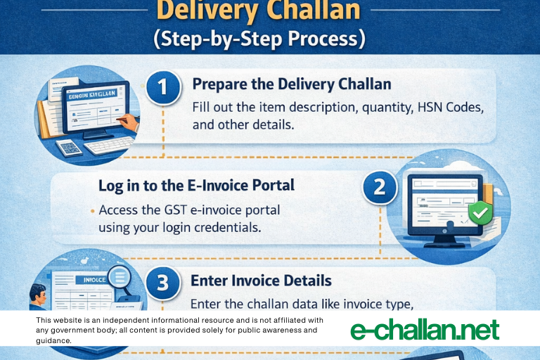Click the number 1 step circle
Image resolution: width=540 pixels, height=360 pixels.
[x=163, y=88]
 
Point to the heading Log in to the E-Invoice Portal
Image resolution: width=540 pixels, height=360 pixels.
[x=196, y=186]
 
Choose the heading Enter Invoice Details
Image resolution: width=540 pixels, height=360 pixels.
[x=261, y=280]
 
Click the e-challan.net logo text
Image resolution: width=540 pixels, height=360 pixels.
[x=424, y=329]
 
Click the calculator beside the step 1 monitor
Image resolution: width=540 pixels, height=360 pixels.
[x=68, y=148]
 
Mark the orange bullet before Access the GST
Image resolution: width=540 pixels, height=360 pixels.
[x=92, y=210]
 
